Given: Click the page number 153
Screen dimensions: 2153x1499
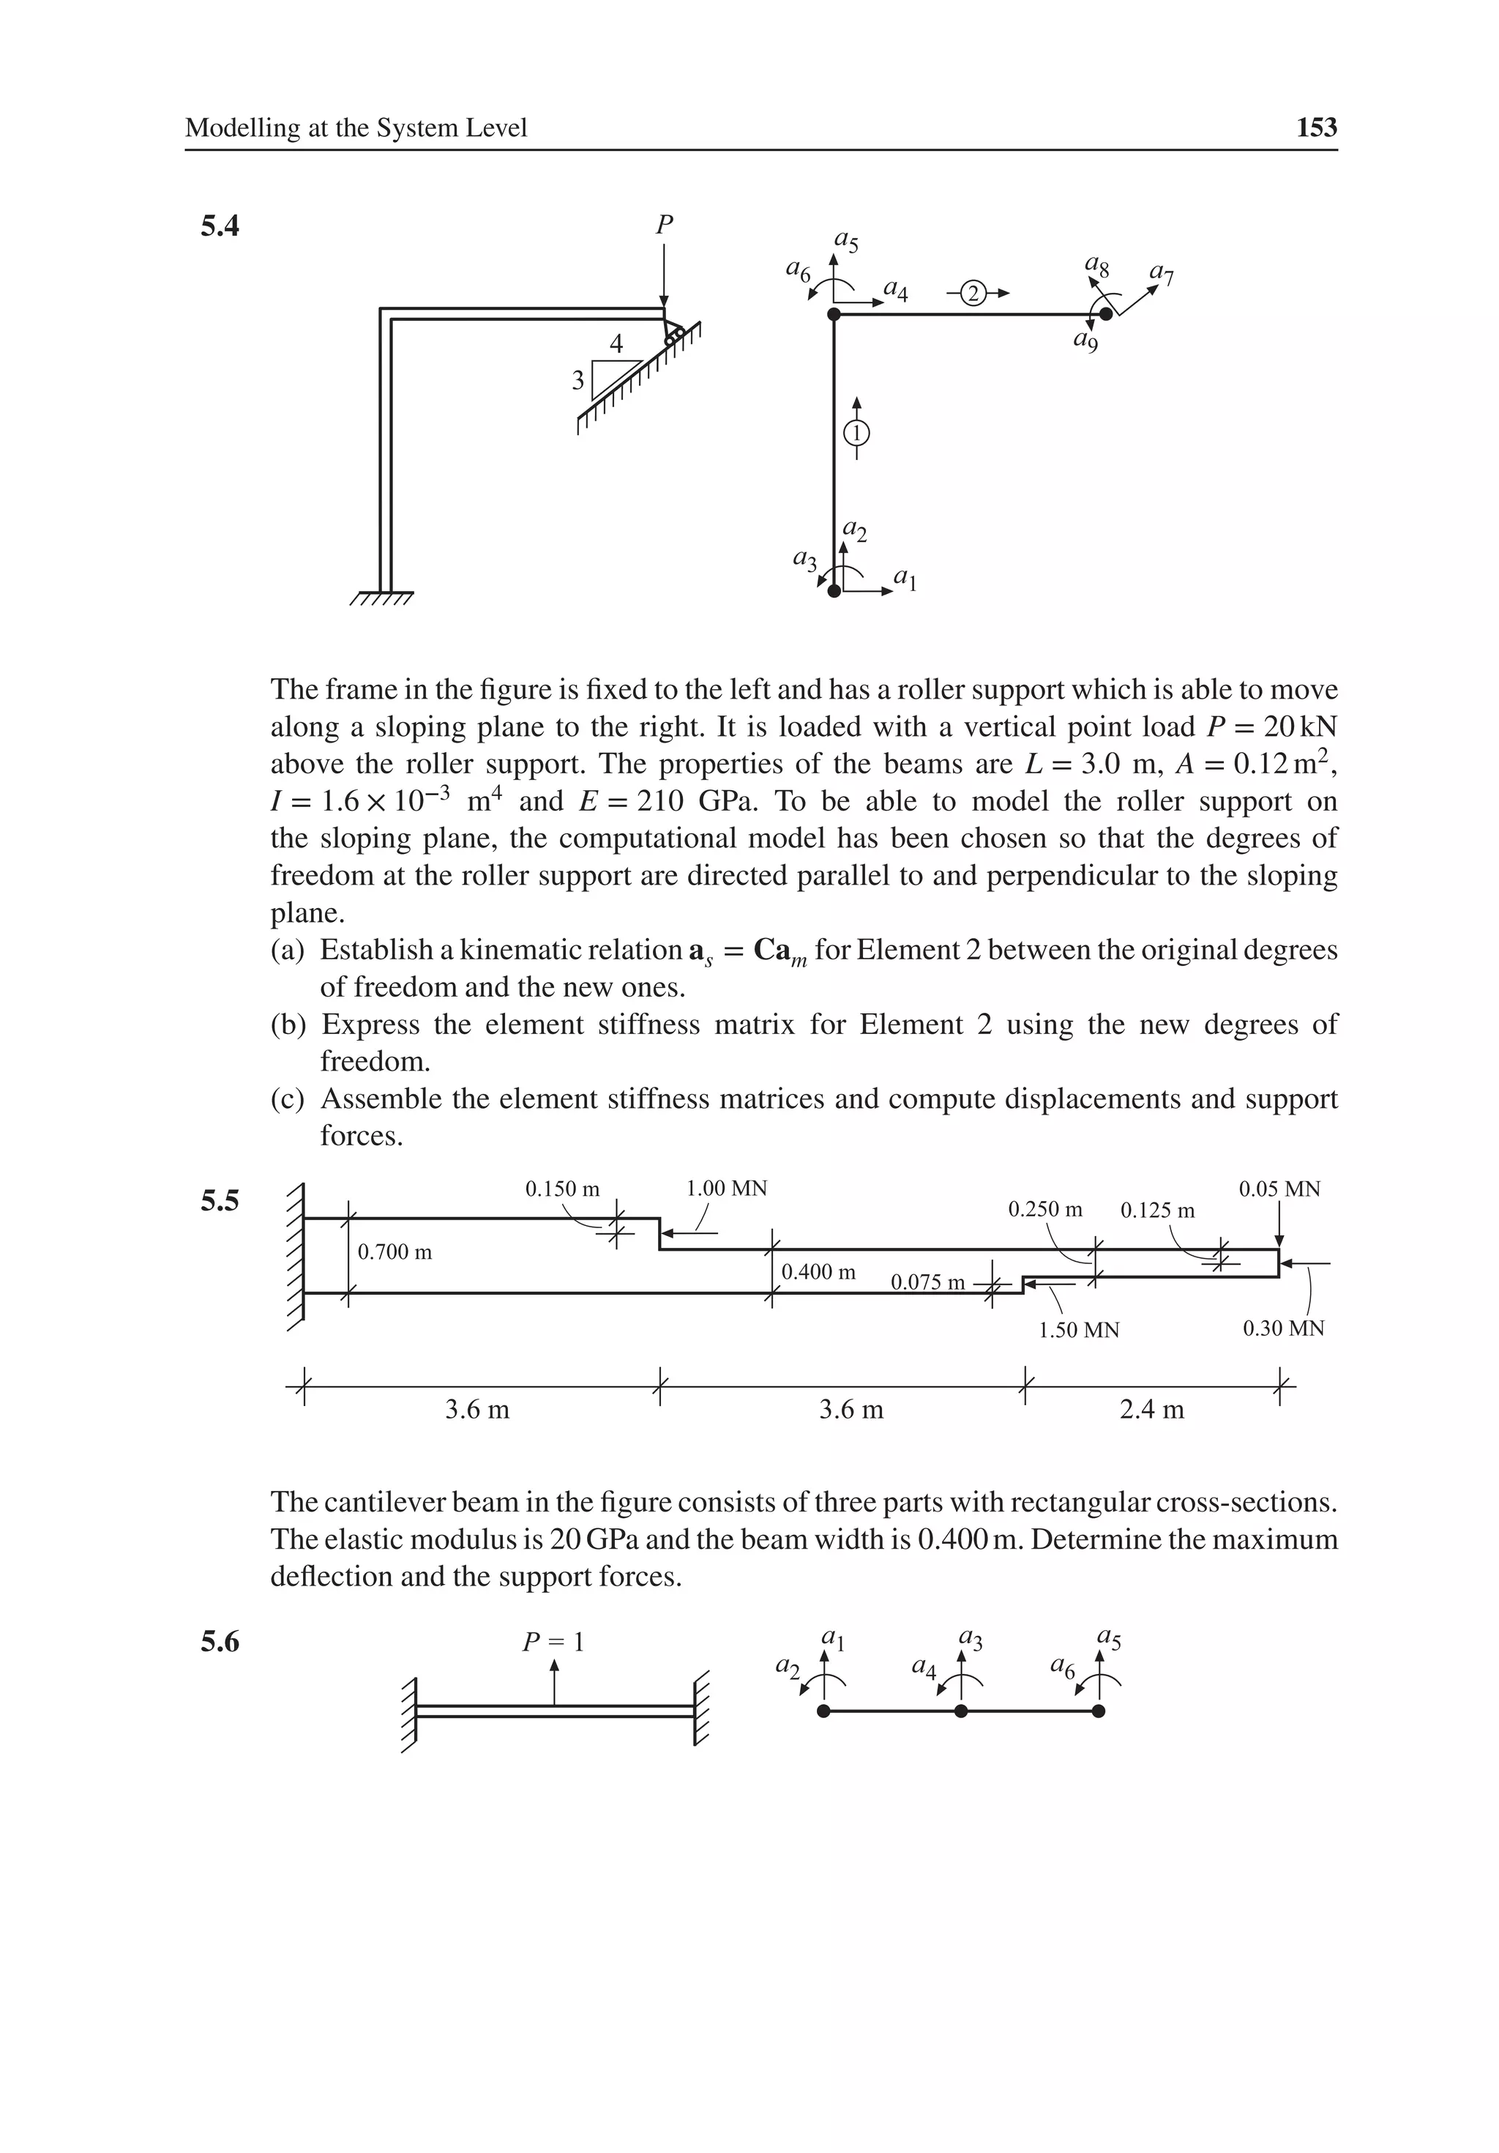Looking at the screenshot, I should tap(1316, 128).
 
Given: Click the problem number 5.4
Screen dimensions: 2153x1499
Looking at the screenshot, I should tap(220, 226).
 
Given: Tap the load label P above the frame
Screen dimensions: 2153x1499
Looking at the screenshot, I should tap(664, 225).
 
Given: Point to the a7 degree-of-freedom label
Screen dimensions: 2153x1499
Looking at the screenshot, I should tap(1162, 275).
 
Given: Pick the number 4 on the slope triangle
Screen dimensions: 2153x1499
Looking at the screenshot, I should tap(616, 344).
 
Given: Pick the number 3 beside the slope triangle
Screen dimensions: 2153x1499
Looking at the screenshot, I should tap(578, 380).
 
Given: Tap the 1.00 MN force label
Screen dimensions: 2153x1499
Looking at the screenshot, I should tap(727, 1189).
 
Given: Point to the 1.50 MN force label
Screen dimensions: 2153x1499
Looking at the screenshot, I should tap(1079, 1330).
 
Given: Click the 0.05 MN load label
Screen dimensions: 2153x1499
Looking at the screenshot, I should tap(1279, 1189).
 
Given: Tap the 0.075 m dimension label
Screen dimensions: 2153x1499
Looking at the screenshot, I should tap(927, 1282).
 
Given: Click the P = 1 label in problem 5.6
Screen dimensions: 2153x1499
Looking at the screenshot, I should tap(553, 1642).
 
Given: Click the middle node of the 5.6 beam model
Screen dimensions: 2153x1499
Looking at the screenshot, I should tap(961, 1711).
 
